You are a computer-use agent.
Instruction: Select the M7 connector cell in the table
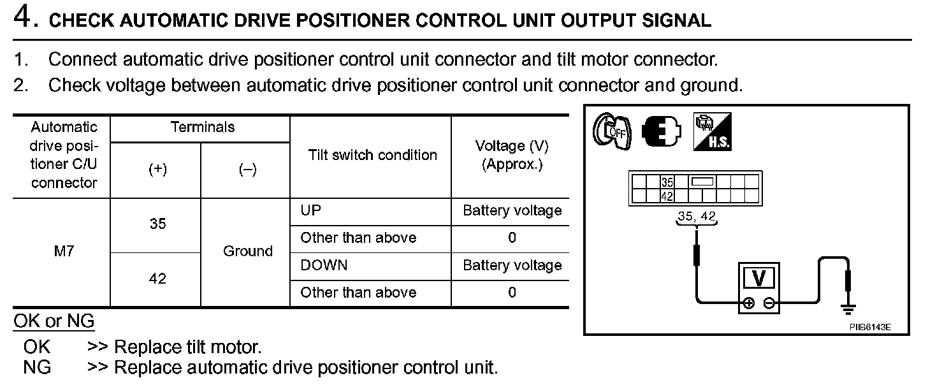(x=64, y=251)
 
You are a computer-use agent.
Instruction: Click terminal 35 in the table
(x=157, y=224)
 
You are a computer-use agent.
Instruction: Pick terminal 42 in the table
(x=157, y=279)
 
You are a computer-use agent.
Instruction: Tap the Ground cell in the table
(x=248, y=251)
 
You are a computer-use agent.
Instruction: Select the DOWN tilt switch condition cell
(x=324, y=265)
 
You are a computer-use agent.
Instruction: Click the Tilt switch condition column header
(x=372, y=155)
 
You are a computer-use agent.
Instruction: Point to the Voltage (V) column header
(x=512, y=155)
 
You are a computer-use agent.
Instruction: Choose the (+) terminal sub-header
(x=157, y=170)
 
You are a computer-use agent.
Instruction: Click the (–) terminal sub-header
(x=247, y=170)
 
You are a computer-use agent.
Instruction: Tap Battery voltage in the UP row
(x=512, y=210)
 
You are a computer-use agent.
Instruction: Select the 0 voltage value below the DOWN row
(x=512, y=293)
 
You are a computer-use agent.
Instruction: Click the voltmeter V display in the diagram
(x=759, y=279)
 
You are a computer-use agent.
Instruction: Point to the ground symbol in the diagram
(x=848, y=309)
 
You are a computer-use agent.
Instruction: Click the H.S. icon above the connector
(x=712, y=132)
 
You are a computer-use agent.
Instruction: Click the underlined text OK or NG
(x=54, y=321)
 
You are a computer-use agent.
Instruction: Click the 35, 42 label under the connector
(x=697, y=217)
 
